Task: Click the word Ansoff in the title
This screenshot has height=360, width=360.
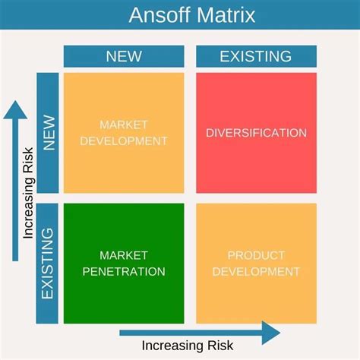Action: tap(156, 14)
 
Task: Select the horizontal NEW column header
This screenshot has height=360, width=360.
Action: tap(124, 56)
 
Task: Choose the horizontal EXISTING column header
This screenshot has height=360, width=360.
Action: tap(256, 56)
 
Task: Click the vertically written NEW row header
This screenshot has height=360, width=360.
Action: tap(49, 132)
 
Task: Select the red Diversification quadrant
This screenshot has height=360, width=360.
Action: tap(256, 132)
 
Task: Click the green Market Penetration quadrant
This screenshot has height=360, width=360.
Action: tap(124, 263)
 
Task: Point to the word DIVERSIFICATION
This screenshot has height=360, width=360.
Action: tap(256, 133)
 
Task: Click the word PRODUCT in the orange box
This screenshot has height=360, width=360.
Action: tap(256, 255)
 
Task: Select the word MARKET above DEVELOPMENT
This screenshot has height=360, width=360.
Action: tap(124, 124)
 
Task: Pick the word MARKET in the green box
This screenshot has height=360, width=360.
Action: tap(124, 255)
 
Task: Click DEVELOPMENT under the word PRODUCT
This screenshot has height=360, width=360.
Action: tap(256, 271)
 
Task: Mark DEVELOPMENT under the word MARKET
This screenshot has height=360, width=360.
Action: tap(124, 141)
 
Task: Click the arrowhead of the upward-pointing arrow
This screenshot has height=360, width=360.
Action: tap(13, 112)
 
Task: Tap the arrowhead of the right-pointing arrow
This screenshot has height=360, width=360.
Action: tap(271, 332)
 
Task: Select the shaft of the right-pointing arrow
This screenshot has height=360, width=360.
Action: tap(190, 332)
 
